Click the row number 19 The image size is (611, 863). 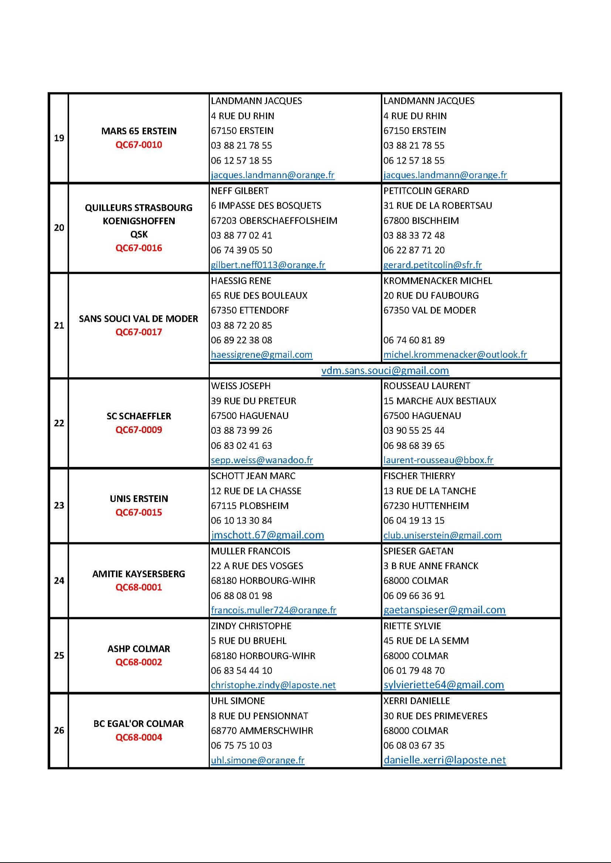[x=59, y=138]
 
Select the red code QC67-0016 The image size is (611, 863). [x=139, y=248]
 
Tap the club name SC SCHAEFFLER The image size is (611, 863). [x=139, y=416]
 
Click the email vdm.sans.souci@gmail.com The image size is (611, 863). [x=385, y=371]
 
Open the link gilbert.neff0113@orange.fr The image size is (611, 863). [x=268, y=265]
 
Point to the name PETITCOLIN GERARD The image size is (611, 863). [x=426, y=191]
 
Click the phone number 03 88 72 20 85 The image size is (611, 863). [x=241, y=325]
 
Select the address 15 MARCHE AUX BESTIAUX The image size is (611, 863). [x=440, y=401]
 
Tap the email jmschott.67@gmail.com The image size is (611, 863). [x=267, y=535]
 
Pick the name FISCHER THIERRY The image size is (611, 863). [x=419, y=476]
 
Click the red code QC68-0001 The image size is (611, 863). [x=139, y=587]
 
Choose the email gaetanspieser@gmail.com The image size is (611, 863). [x=444, y=610]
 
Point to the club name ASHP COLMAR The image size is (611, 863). [x=139, y=649]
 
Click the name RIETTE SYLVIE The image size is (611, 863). [x=412, y=626]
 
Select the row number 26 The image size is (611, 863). [x=59, y=730]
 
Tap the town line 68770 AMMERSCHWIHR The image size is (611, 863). [x=262, y=731]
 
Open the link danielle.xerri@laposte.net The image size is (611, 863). [x=444, y=760]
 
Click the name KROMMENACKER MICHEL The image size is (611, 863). [x=437, y=281]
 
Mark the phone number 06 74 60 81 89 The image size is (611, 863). [x=414, y=340]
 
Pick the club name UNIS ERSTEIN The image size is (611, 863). [x=139, y=499]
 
